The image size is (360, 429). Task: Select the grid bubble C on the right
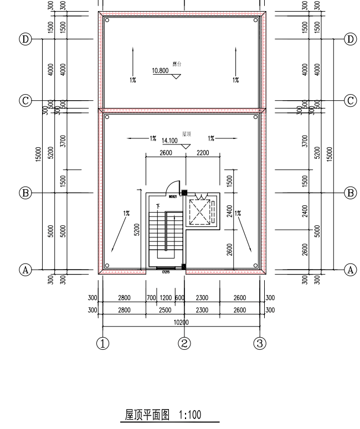pos(350,100)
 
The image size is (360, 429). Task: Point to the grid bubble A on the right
pos(350,270)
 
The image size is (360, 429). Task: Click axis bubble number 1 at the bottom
pos(102,343)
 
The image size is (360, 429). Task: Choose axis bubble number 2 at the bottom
pos(184,343)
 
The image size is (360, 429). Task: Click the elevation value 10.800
pos(160,71)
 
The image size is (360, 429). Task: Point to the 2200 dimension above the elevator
pos(202,153)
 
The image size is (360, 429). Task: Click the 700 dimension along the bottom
pos(151,298)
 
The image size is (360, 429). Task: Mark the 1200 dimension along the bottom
pos(166,298)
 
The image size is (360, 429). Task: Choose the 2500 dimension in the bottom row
pos(165,311)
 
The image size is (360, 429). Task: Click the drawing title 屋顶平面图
pos(147,415)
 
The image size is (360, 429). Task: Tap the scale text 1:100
pos(190,415)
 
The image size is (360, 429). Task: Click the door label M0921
pos(173,197)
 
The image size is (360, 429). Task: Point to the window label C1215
pos(166,272)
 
